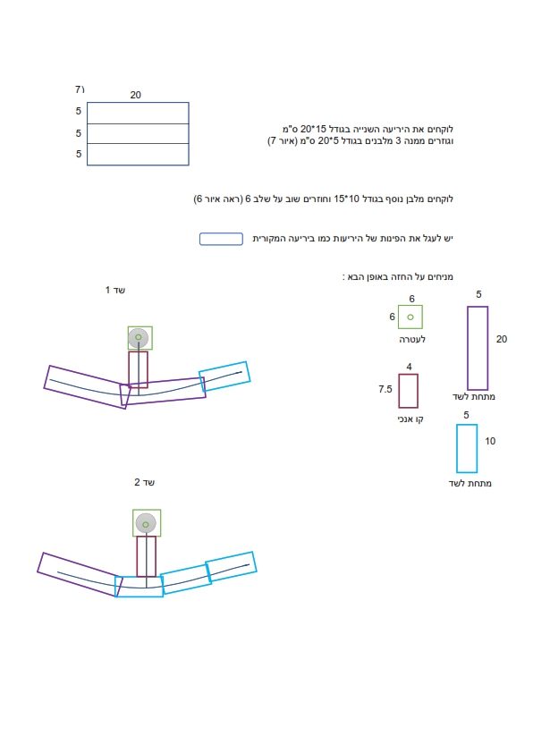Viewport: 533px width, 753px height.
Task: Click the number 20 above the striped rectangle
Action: [135, 95]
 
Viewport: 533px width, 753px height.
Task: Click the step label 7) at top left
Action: [80, 89]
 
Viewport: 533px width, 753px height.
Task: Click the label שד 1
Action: [115, 290]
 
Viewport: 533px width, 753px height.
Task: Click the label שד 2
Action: [144, 482]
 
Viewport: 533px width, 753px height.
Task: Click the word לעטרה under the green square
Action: [412, 340]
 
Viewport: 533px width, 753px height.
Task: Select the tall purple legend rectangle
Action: [468, 348]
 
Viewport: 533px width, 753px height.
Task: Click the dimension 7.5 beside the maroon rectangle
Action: [385, 389]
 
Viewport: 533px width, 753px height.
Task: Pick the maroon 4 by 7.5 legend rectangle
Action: [399, 391]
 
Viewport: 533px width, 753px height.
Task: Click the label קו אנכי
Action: [410, 419]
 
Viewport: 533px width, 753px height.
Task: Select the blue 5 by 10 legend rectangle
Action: [457, 449]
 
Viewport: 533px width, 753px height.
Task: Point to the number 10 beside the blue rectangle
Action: [490, 441]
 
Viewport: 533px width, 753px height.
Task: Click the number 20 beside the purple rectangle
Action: [502, 339]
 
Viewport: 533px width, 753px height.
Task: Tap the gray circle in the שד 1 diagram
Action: [139, 338]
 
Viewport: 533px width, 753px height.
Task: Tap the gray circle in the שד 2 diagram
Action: [146, 523]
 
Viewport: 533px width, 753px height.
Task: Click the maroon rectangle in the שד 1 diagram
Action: [129, 369]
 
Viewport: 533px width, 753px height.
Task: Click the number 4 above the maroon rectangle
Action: [409, 367]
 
